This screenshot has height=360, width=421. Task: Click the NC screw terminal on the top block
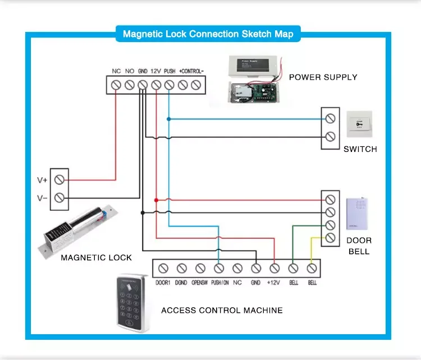[116, 85]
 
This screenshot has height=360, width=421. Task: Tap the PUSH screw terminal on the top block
[170, 85]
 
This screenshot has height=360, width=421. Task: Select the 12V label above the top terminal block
[156, 71]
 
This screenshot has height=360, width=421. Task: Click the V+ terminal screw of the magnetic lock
[59, 179]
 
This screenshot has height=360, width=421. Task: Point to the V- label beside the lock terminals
[42, 198]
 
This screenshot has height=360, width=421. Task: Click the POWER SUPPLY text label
[323, 77]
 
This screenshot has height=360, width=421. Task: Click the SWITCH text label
[360, 149]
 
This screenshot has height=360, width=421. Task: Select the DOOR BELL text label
[359, 246]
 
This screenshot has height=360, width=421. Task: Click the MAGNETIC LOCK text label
[96, 257]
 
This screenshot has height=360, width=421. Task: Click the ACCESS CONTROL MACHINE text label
[222, 310]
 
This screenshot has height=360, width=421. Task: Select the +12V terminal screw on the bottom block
[274, 269]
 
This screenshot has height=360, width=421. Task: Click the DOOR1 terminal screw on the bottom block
[163, 269]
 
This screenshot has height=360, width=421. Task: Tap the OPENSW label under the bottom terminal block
[200, 283]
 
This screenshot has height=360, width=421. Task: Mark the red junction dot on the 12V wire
[156, 200]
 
